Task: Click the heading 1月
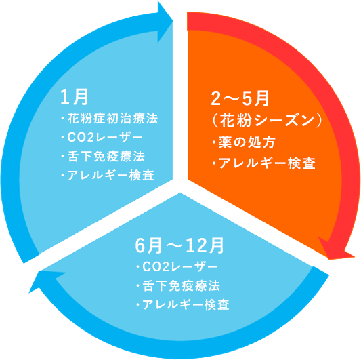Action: coord(74,97)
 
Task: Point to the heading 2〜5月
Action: coord(240,98)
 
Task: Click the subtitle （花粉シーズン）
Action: coord(266,120)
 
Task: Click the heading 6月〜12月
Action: coord(179,245)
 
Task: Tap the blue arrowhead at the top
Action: coord(165,22)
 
